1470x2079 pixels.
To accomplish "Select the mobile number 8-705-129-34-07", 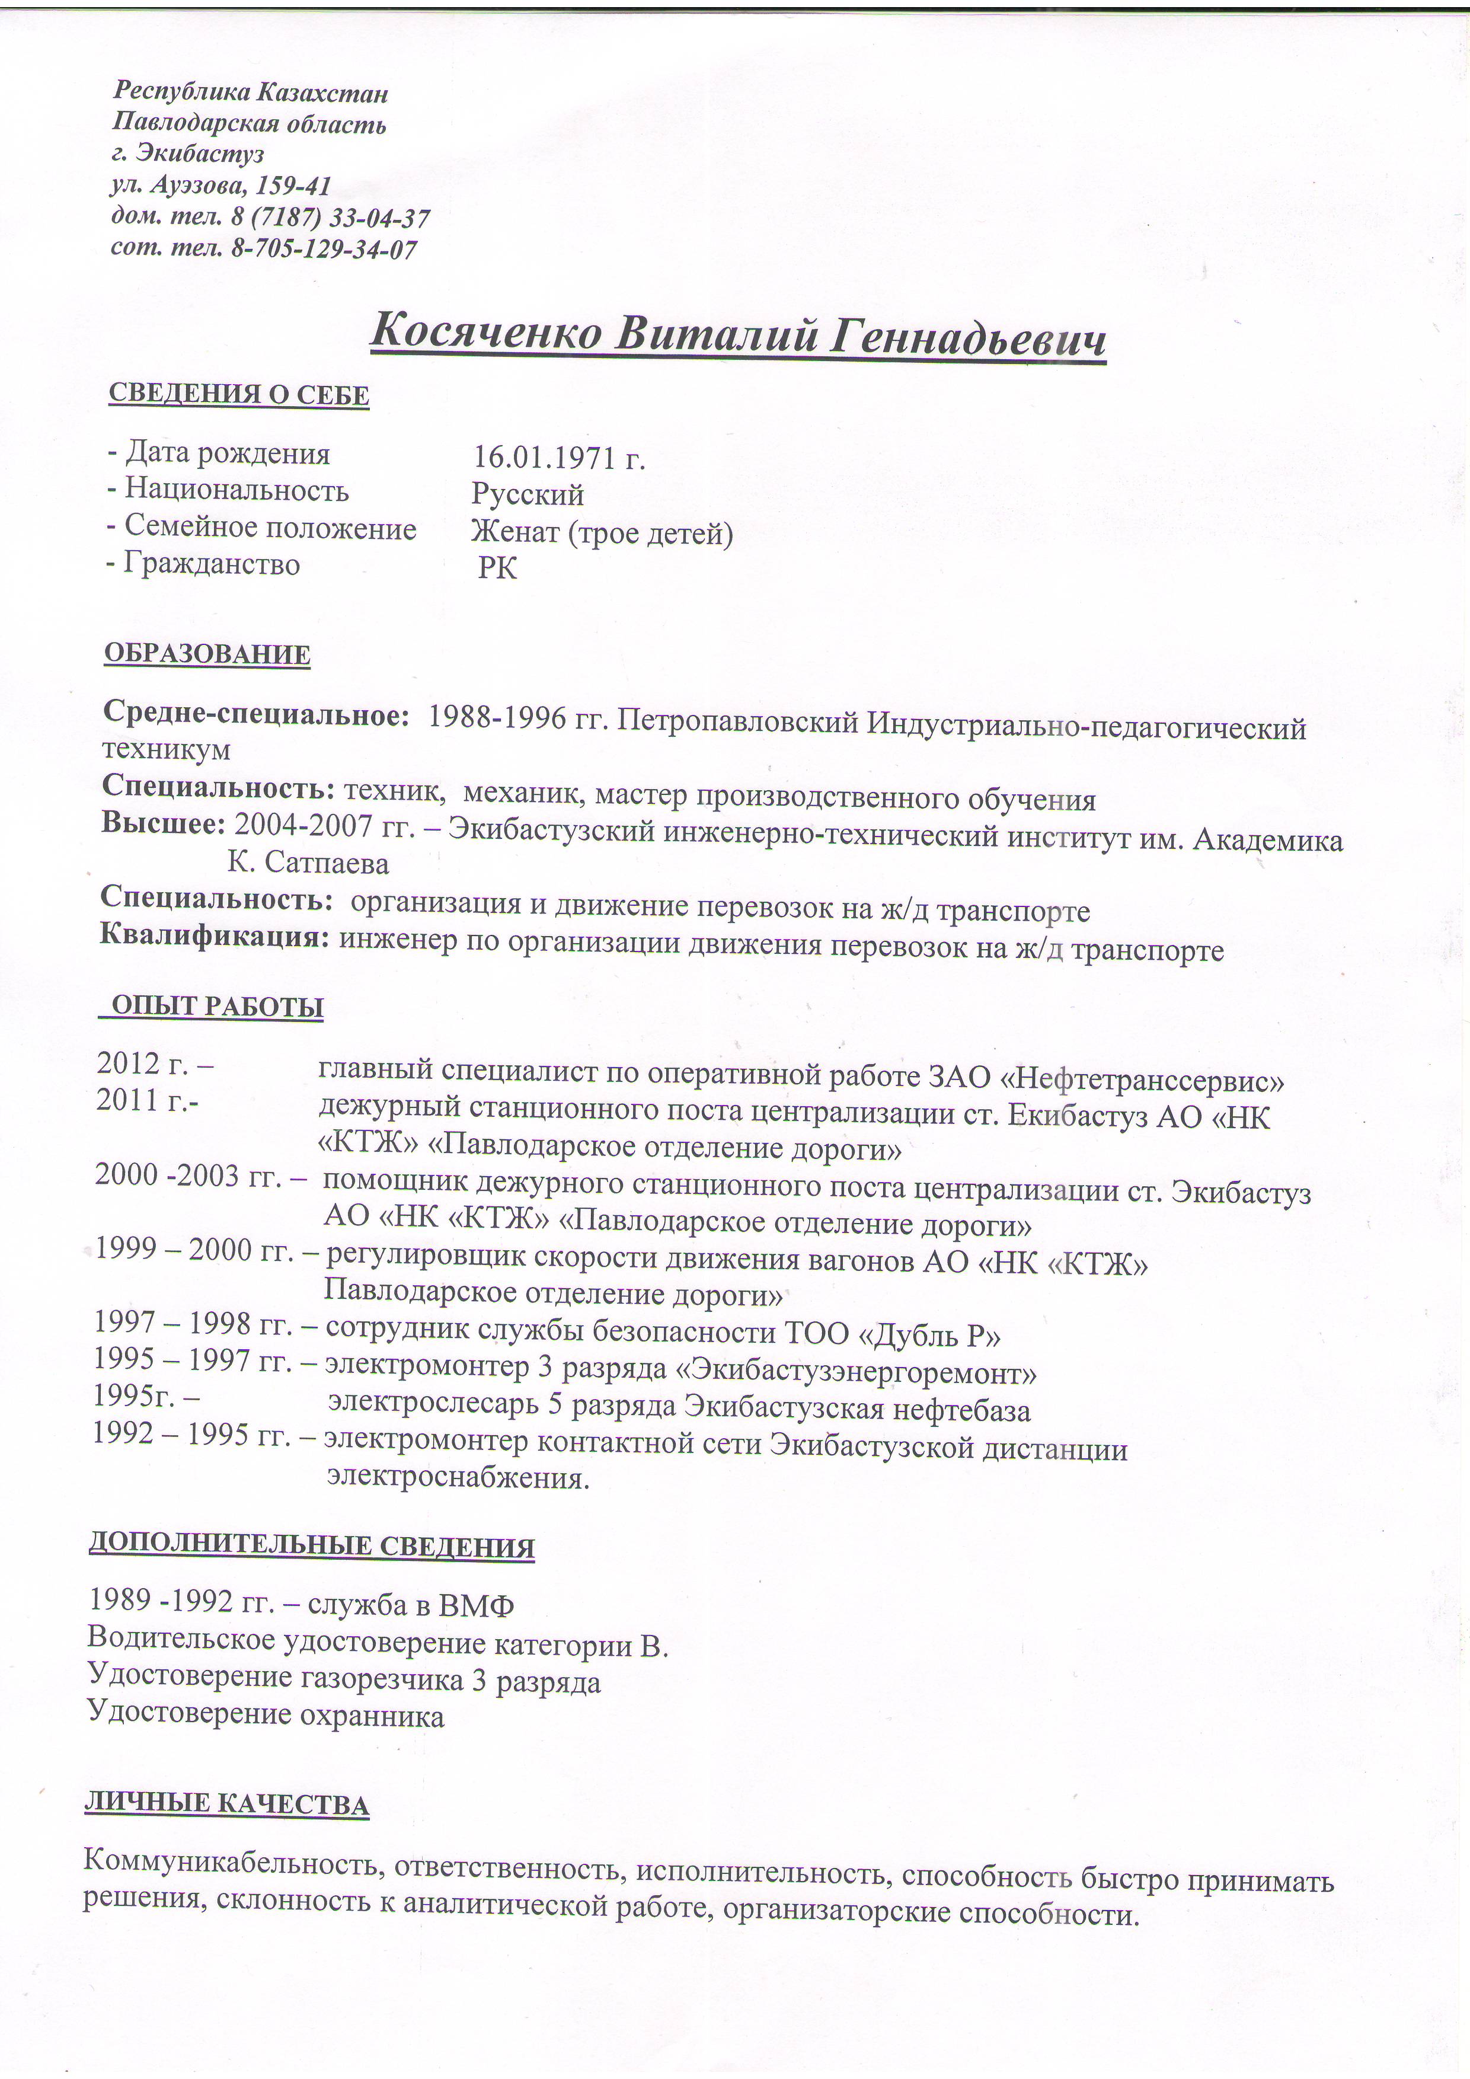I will point(324,248).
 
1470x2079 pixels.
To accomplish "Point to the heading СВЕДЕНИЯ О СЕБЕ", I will point(239,395).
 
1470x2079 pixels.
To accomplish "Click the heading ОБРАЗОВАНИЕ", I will point(207,654).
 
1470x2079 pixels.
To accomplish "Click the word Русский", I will point(527,494).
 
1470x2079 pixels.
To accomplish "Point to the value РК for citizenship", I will point(498,569).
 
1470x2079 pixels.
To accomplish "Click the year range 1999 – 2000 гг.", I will point(194,1250).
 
